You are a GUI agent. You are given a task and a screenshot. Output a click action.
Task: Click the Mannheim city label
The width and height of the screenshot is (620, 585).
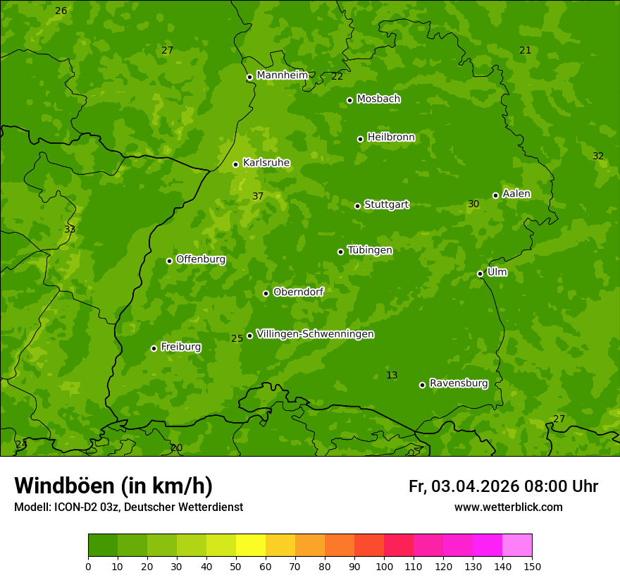click(282, 75)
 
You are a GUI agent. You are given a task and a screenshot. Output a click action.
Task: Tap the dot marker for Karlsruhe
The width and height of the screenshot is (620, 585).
click(236, 164)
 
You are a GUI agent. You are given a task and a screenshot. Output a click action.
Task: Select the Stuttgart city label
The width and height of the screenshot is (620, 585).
click(386, 205)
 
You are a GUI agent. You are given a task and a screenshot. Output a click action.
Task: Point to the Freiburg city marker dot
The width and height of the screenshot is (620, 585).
click(154, 348)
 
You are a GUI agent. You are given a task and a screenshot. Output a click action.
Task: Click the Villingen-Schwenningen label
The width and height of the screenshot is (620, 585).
click(315, 334)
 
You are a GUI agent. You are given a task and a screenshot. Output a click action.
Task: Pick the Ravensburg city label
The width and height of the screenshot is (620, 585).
click(459, 383)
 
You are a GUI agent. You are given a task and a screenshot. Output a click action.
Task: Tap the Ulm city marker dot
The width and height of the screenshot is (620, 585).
click(480, 273)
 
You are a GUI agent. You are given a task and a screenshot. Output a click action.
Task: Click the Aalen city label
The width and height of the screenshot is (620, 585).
click(516, 194)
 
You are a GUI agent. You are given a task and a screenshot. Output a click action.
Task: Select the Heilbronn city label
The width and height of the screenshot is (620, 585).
click(391, 137)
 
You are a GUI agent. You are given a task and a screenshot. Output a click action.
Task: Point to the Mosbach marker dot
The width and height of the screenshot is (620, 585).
click(349, 100)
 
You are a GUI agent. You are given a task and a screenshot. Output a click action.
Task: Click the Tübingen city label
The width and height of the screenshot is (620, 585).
click(370, 250)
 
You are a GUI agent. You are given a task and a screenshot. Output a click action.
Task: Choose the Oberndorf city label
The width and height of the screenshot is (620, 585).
click(298, 292)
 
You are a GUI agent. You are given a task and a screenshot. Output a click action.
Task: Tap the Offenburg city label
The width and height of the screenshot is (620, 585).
click(201, 259)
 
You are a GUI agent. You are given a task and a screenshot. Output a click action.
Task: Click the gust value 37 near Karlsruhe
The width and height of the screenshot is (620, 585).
click(258, 197)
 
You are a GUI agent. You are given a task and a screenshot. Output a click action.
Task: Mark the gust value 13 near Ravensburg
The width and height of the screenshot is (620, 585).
click(392, 375)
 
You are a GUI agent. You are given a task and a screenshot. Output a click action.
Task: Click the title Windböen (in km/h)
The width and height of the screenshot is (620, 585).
click(113, 486)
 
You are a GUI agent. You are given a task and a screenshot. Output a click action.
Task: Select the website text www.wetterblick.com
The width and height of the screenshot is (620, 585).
click(508, 507)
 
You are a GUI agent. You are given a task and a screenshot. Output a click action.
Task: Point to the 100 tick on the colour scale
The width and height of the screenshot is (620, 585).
click(384, 566)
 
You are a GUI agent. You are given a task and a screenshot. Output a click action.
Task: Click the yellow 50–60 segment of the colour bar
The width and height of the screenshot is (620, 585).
click(251, 546)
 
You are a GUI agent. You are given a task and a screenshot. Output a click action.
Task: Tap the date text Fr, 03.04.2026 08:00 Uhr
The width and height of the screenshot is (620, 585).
click(503, 486)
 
